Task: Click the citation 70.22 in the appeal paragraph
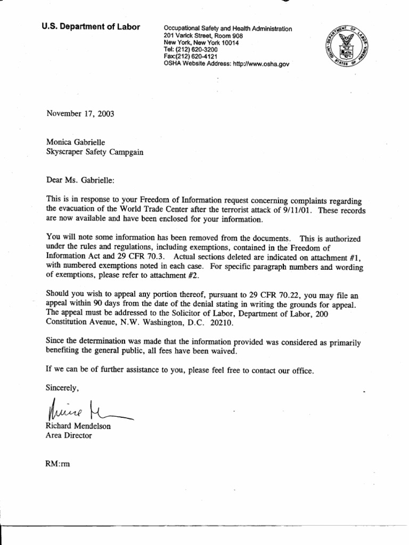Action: click(291, 294)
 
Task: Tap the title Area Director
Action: click(69, 435)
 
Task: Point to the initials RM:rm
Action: click(58, 464)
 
